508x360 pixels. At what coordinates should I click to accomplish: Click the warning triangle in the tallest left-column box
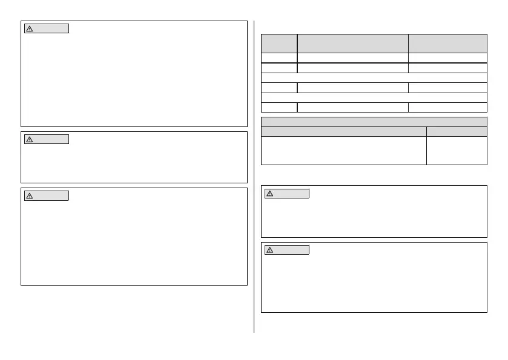coord(29,28)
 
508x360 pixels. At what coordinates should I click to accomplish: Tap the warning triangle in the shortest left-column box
coord(29,139)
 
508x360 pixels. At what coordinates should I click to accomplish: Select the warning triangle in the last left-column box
coord(29,195)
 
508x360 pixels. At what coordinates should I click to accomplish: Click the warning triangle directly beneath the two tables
coord(270,194)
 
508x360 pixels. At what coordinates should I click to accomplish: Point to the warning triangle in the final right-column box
coord(270,249)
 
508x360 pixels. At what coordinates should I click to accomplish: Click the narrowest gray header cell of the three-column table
coord(279,43)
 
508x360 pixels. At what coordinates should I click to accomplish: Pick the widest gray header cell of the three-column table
coord(352,43)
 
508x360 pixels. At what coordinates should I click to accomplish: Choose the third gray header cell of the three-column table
coord(447,43)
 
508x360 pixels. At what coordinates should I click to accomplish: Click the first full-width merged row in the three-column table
coord(374,77)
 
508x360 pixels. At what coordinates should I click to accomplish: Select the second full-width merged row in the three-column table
coord(374,97)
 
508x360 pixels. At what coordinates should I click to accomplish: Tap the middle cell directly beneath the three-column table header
coord(352,58)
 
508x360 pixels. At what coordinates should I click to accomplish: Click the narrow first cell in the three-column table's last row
coord(279,107)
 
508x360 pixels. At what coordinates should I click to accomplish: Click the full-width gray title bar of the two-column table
coord(374,122)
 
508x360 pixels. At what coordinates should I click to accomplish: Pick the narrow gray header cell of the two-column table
coord(457,131)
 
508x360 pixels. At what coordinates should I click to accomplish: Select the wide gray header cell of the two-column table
coord(343,131)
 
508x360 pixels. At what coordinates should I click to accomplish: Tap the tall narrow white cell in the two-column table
coord(457,150)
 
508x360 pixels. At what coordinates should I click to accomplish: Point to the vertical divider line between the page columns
coord(254,182)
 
